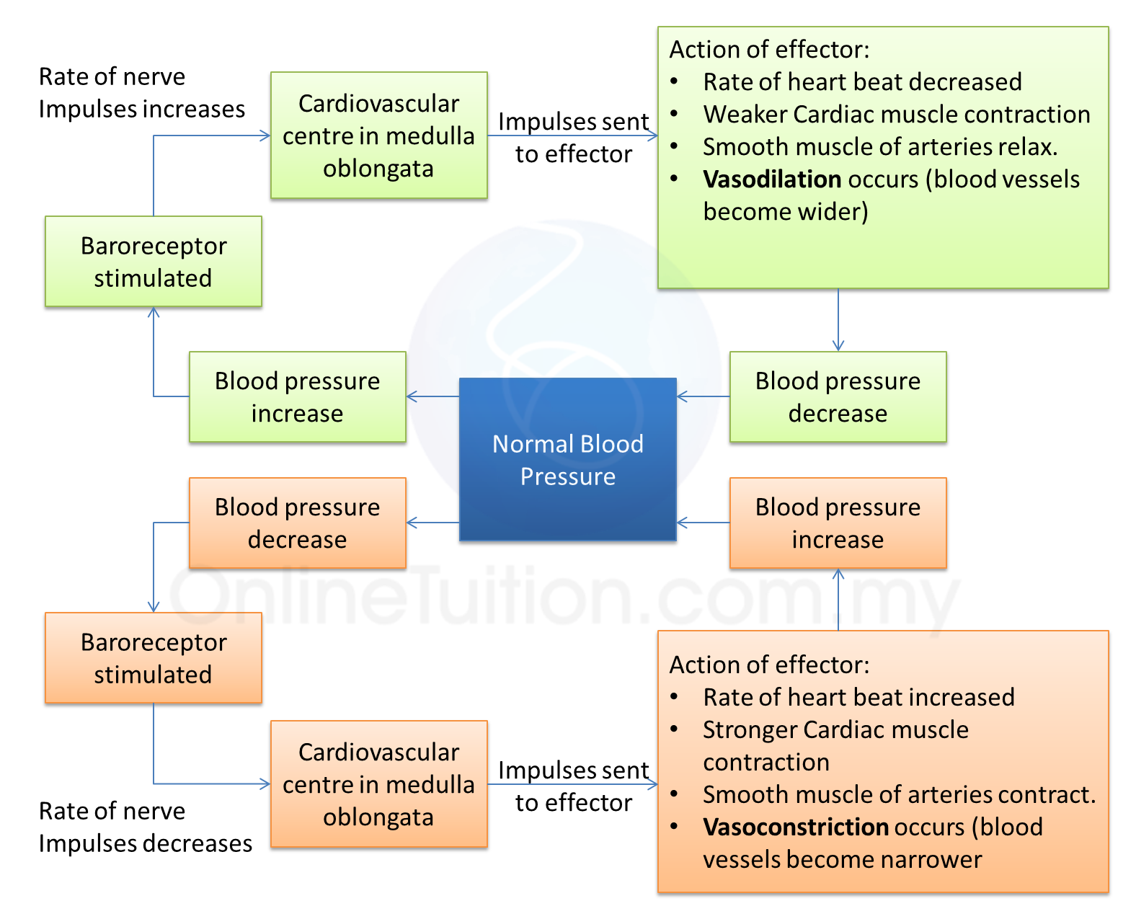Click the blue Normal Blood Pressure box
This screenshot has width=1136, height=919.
(x=567, y=459)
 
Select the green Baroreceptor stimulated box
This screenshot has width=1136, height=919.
(x=153, y=262)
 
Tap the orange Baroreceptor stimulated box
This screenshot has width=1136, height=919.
(x=153, y=658)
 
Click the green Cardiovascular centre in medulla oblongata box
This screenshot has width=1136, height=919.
(x=378, y=136)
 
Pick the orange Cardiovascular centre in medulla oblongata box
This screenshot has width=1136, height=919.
(x=378, y=784)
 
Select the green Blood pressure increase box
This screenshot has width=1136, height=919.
(x=297, y=397)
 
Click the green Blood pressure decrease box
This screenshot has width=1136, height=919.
(x=838, y=397)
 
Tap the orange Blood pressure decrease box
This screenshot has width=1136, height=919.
(x=297, y=523)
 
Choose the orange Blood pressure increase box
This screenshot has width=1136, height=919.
(x=838, y=523)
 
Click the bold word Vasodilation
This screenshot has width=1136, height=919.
(x=772, y=179)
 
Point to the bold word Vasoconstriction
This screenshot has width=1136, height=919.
(x=796, y=827)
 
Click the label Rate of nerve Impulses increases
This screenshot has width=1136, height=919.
(x=141, y=93)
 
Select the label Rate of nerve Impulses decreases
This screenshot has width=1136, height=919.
(x=145, y=827)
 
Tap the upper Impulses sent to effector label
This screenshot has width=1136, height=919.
(x=573, y=138)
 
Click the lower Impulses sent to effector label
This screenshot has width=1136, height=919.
(x=573, y=786)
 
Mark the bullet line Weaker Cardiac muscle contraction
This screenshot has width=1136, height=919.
(x=896, y=115)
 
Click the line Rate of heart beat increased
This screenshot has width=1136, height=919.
(x=858, y=698)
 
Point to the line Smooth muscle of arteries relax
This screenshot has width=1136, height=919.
(x=879, y=147)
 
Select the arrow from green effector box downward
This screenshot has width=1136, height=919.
(x=838, y=320)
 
